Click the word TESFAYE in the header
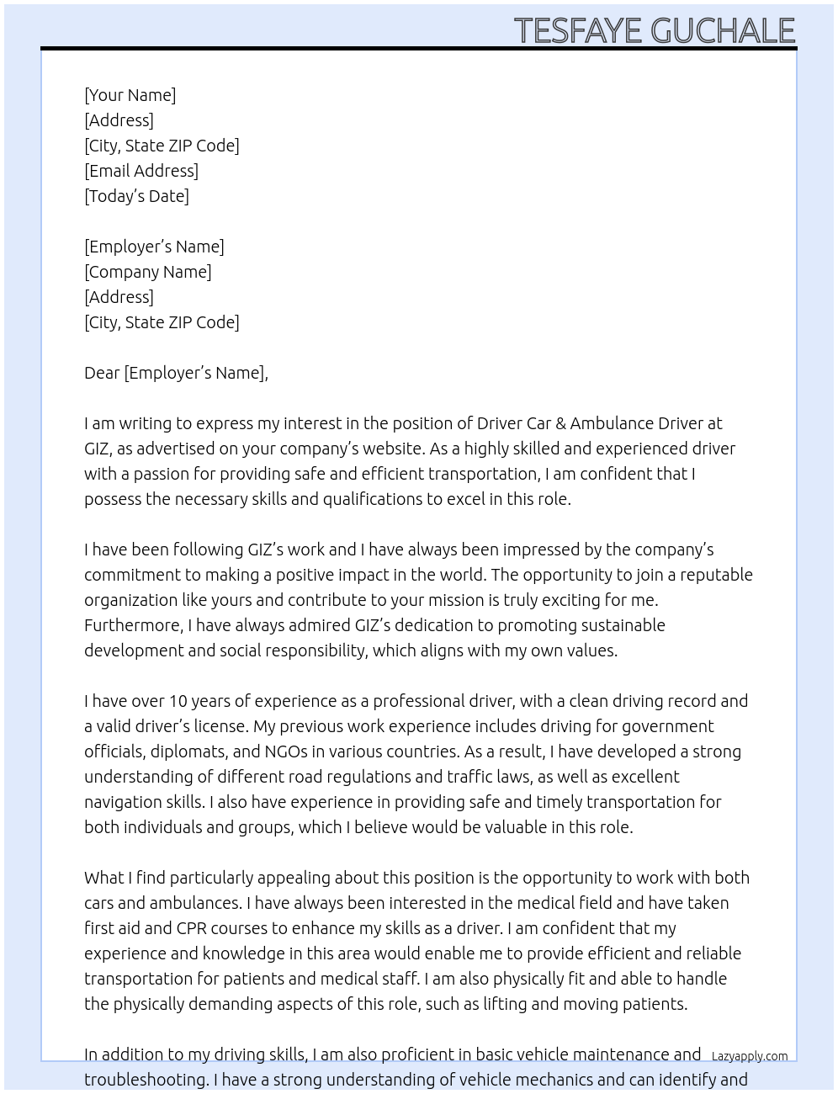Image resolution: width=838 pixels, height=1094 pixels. coord(579,31)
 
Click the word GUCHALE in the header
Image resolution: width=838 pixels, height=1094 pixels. coord(723,31)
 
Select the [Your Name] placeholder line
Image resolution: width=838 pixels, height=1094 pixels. coord(130,95)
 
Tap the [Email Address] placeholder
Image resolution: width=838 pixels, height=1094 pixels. coord(141,171)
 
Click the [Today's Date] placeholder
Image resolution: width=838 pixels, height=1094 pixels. coord(136,196)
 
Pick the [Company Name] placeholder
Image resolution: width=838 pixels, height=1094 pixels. coord(147,272)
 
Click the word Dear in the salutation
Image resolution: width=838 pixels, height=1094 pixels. coord(102,373)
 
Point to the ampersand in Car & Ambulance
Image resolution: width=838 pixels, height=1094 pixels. coord(560,423)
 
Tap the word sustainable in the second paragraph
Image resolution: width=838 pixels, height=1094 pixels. coord(621,625)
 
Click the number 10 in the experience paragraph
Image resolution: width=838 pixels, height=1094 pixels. coord(178,701)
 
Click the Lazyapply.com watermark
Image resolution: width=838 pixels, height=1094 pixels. coord(749,1056)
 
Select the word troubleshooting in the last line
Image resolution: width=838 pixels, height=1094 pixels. coord(146,1080)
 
